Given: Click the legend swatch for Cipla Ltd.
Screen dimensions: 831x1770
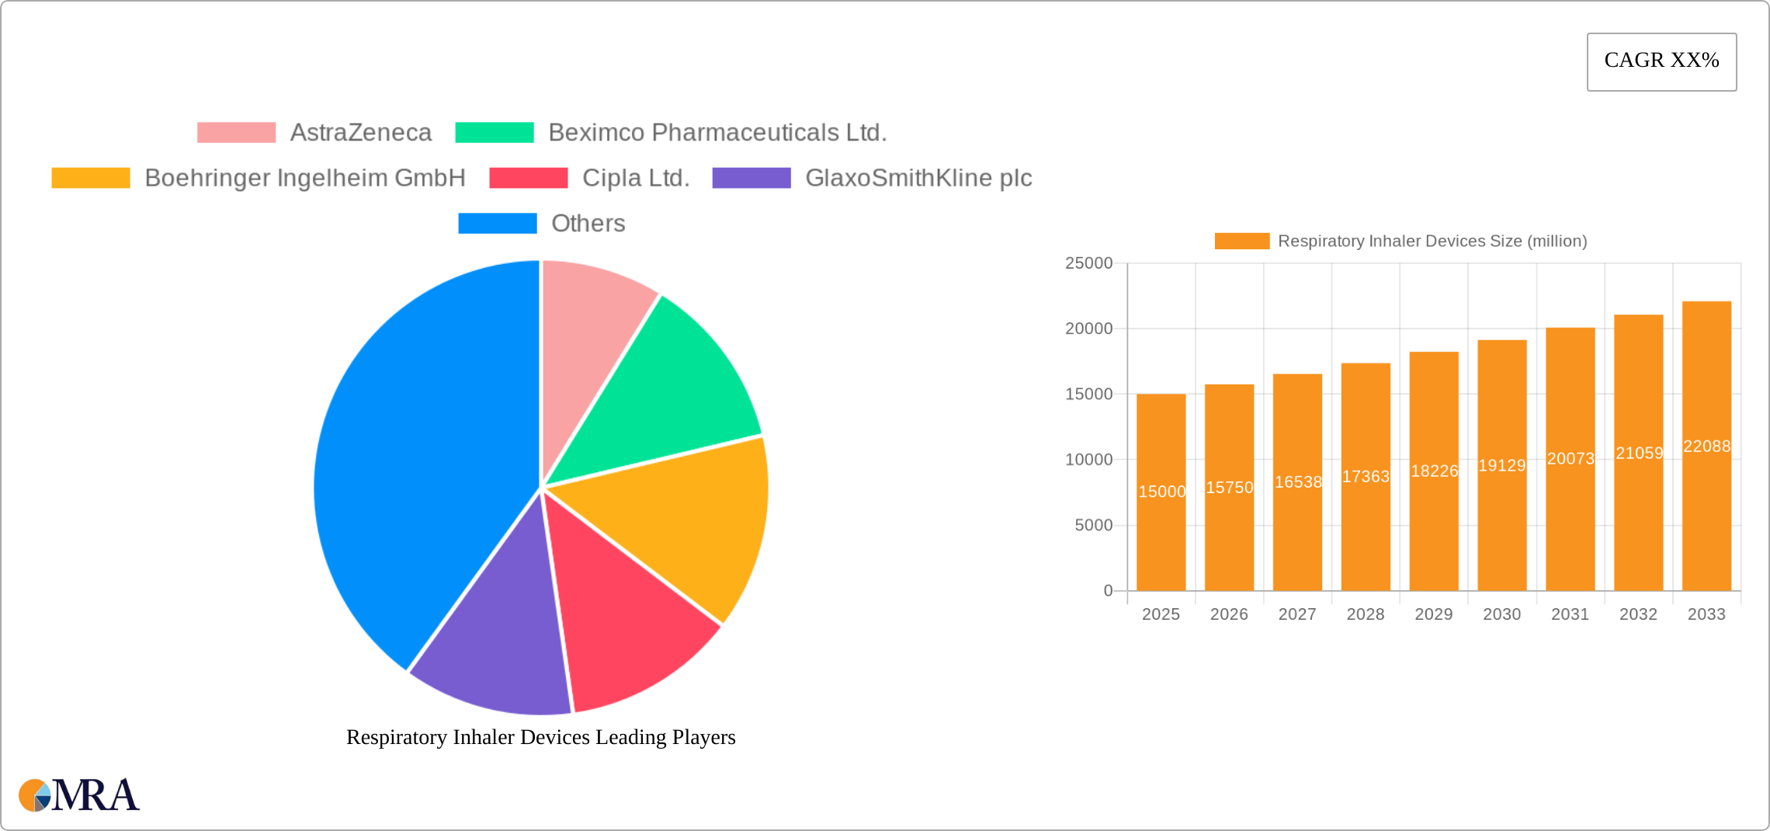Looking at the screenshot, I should pos(528,178).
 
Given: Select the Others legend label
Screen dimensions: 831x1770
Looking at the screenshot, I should pos(588,224).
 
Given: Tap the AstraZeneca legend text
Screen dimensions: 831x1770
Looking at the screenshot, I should pos(360,133).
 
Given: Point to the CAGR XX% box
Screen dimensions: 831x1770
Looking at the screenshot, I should pos(1661,61).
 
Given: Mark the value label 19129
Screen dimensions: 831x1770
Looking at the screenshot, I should pos(1501,466).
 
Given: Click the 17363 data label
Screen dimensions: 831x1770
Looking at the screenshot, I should pos(1366,477).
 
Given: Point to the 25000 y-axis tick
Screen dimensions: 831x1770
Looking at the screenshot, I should pos(1088,263).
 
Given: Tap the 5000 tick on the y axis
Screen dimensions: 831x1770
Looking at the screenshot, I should pos(1093,526).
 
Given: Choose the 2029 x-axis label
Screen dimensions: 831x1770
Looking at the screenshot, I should pos(1433,614).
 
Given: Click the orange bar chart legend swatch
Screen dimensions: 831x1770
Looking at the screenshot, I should pos(1241,242).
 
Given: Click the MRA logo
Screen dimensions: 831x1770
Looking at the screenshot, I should pos(79,795).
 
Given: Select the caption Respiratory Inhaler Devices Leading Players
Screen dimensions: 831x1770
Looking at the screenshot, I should pos(540,737).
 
